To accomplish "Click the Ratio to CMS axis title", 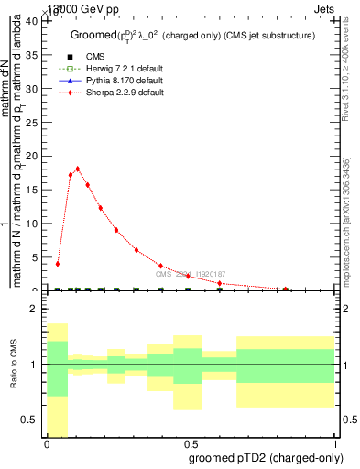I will (x=13, y=365).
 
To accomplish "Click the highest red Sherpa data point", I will (x=78, y=169).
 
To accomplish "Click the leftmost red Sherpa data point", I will (x=58, y=264).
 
